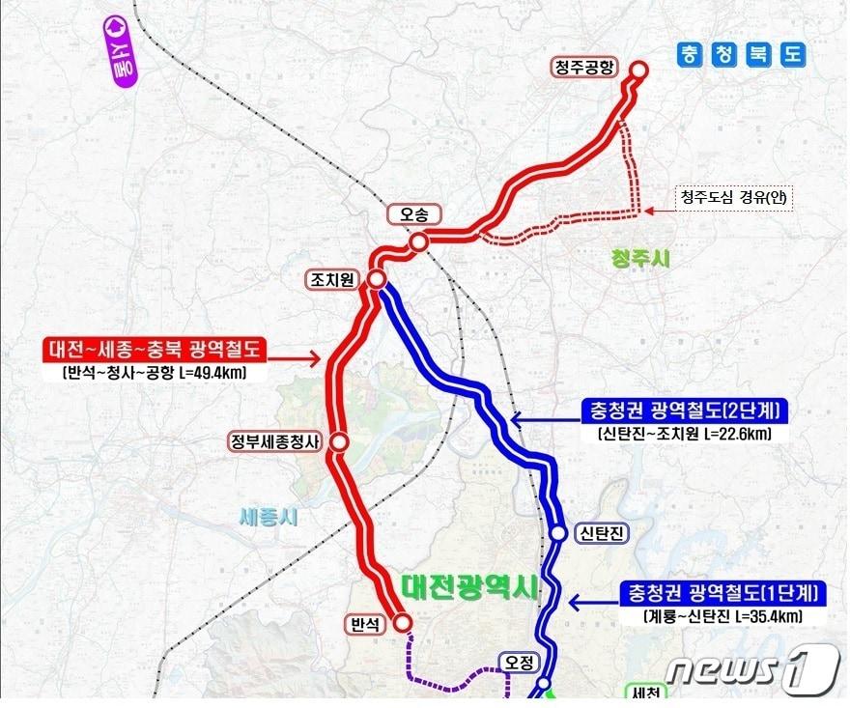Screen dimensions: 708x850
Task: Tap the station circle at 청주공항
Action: [639, 69]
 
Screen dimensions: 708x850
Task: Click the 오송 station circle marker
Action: [418, 242]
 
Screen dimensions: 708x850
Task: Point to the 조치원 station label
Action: [330, 279]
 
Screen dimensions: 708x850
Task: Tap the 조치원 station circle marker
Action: [376, 279]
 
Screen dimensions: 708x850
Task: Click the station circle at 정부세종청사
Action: [339, 441]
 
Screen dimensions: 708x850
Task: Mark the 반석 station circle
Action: [402, 623]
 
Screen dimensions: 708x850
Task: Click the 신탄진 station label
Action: [600, 533]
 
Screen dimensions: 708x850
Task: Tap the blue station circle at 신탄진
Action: [558, 533]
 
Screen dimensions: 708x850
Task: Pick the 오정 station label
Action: [517, 662]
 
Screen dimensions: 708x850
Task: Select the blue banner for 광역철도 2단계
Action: [684, 411]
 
